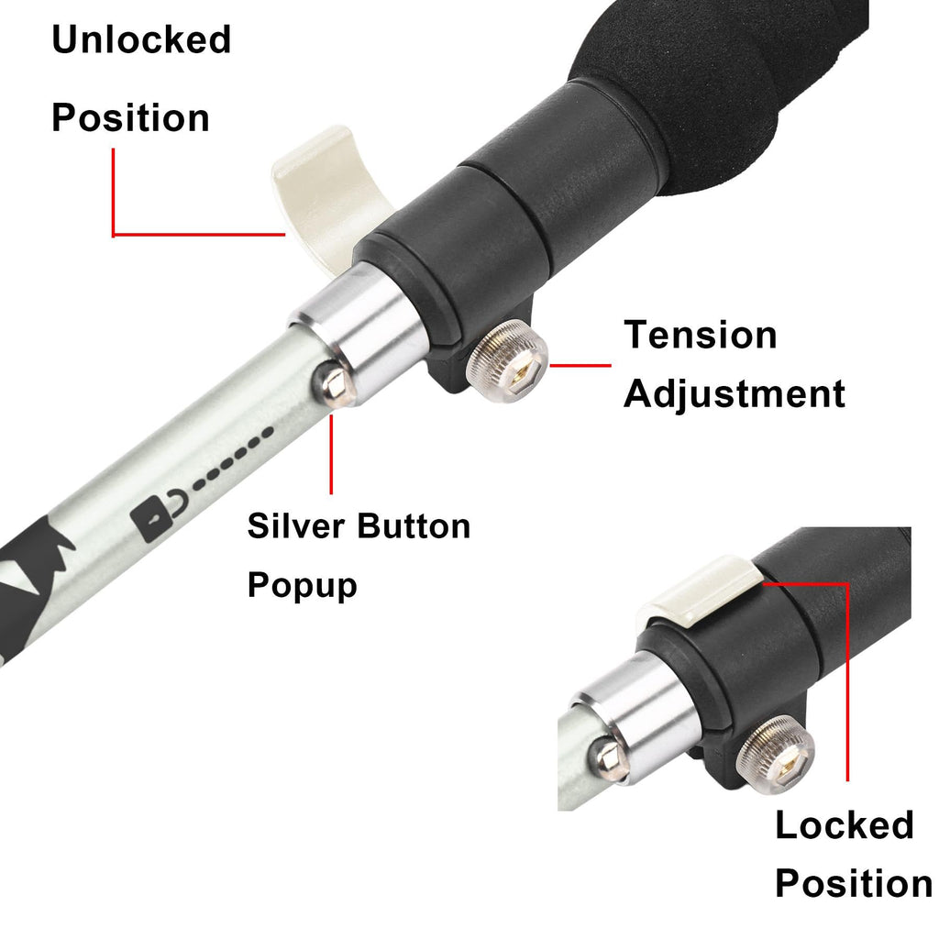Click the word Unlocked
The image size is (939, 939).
pos(141,41)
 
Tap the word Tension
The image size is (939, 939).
pos(701,335)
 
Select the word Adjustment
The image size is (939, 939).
pos(735,394)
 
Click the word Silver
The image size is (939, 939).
pos(295,526)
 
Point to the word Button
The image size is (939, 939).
pos(414,526)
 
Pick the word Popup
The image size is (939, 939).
pos(302,584)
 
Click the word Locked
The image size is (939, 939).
pos(845,825)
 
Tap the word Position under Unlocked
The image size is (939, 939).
pos(130,118)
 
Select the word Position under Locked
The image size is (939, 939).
pos(853,884)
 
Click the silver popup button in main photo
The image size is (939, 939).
pos(337,384)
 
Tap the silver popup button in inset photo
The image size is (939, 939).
pos(607,758)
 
